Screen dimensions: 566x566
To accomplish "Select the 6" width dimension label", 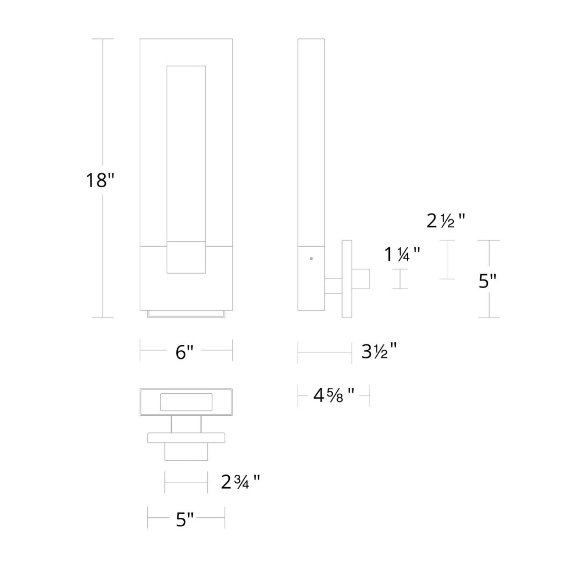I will [184, 352].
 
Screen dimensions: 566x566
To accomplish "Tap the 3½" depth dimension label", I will [379, 352].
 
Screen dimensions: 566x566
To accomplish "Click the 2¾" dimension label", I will [240, 483].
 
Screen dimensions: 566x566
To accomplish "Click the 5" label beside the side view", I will [488, 281].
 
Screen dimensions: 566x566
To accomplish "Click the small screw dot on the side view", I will [311, 258].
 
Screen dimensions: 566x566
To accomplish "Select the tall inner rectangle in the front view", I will [186, 152].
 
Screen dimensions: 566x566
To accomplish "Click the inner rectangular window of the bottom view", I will [186, 402].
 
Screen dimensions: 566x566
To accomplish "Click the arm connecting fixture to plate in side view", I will [333, 286].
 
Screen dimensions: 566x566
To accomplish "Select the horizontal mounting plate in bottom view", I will [186, 438].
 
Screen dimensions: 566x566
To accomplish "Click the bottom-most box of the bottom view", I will [186, 451].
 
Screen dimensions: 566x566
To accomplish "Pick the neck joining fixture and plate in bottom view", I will [186, 424].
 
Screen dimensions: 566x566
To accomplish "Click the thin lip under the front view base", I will [186, 314].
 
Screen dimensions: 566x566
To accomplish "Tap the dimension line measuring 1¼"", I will [400, 279].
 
